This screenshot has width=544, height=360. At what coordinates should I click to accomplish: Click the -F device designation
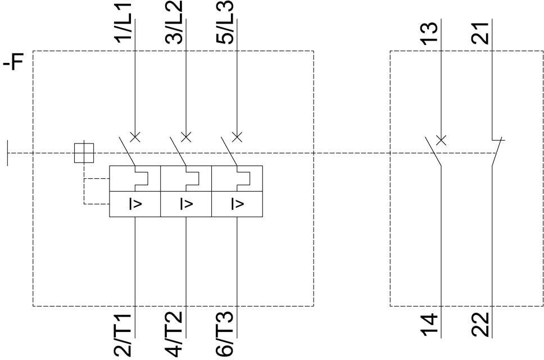coord(13,62)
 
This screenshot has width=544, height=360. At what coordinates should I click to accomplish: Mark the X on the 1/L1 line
coord(135,136)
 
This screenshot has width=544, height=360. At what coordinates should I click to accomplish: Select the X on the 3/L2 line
coord(186,136)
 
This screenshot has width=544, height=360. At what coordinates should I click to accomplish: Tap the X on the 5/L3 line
coord(237,136)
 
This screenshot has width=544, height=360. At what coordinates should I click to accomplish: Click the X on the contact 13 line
coord(441,139)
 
